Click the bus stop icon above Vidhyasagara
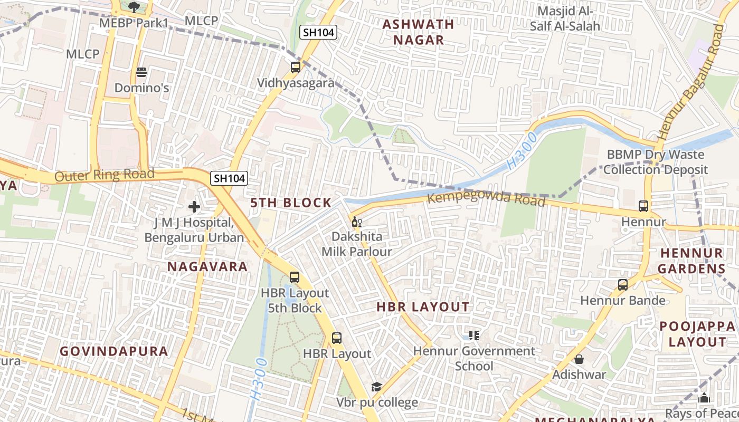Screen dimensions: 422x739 coord(296,68)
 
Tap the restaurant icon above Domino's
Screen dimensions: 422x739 coord(141,72)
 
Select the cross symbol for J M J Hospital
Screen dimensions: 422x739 coord(194,207)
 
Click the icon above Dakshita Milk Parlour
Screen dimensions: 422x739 coord(356,222)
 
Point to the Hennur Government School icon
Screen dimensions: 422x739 coord(473,335)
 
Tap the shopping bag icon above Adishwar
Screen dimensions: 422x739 coord(579,359)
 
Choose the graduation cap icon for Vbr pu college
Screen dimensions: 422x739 coord(376,387)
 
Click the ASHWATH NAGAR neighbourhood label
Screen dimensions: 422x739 coord(418,32)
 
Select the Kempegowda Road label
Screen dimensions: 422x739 coord(486,199)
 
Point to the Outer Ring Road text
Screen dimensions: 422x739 coord(104,175)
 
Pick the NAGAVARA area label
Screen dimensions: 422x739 coord(207,266)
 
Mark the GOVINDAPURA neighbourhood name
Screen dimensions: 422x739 coord(113,351)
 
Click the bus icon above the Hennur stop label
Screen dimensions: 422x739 coord(643,206)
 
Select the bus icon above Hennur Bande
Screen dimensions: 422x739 coord(623,285)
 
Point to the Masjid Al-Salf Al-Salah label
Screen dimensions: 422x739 coord(568,18)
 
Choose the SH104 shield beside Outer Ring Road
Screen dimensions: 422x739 coord(229,178)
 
